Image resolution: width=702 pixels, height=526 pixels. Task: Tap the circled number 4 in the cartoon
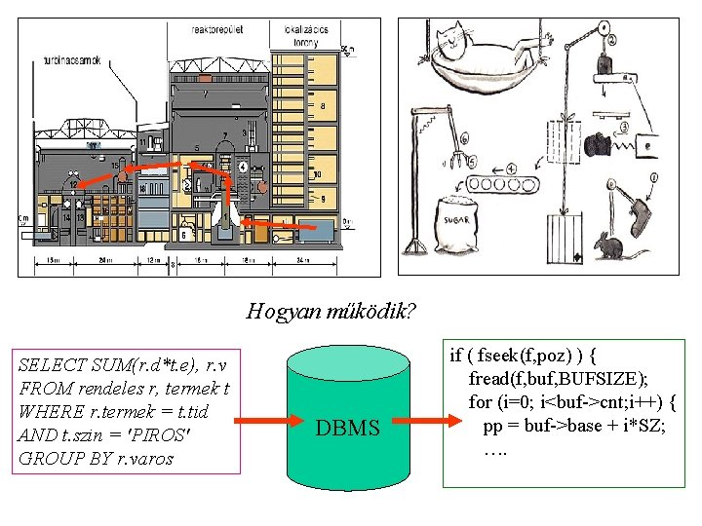512,169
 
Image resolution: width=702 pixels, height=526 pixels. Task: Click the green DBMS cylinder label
347,427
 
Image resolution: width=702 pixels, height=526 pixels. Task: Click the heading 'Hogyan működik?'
331,312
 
